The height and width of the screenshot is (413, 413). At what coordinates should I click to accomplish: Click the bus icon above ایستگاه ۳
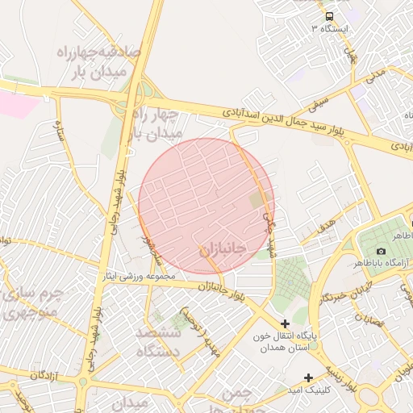click(329, 16)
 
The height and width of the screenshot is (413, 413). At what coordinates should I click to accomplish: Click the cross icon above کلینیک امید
click(308, 378)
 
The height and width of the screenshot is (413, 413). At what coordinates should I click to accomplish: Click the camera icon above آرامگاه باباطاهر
click(381, 251)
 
